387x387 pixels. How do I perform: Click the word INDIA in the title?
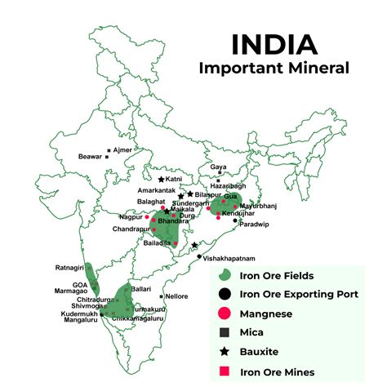click(x=273, y=45)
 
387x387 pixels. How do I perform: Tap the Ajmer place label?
click(x=122, y=150)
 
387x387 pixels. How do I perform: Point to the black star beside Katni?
click(x=161, y=180)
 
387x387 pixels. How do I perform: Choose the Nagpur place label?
click(x=130, y=216)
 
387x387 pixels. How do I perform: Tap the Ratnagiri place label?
click(x=69, y=267)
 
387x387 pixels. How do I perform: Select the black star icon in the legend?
click(x=223, y=352)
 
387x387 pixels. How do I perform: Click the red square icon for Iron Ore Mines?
click(x=223, y=371)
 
